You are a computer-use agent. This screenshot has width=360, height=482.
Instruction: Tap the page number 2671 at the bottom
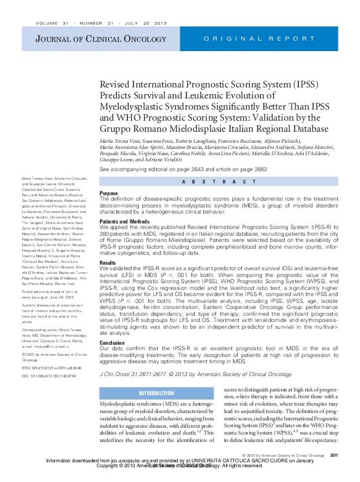coord(334,456)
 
